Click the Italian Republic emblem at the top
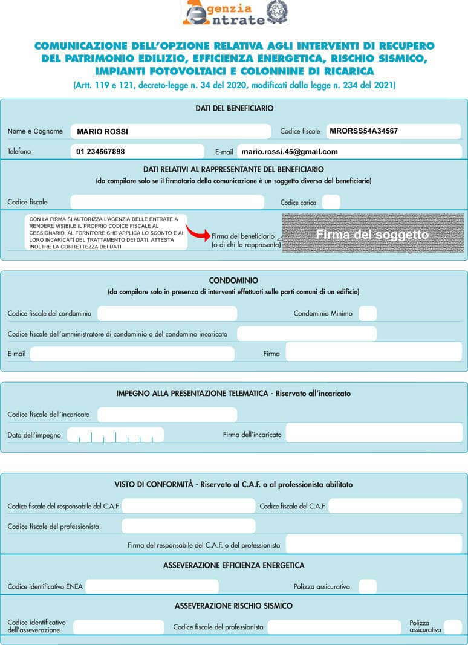click(x=277, y=11)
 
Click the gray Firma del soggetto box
click(x=372, y=233)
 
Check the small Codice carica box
click(x=331, y=202)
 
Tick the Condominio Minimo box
click(x=368, y=313)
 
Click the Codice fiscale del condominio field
click(x=167, y=313)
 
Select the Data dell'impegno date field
click(x=115, y=435)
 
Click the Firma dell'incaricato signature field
click(x=374, y=433)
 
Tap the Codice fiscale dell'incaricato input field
click(x=167, y=415)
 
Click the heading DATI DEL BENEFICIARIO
click(x=234, y=109)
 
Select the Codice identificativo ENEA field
click(x=152, y=586)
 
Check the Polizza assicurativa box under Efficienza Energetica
click(x=368, y=586)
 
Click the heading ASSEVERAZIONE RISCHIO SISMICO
click(x=233, y=606)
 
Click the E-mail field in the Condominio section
click(x=132, y=354)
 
